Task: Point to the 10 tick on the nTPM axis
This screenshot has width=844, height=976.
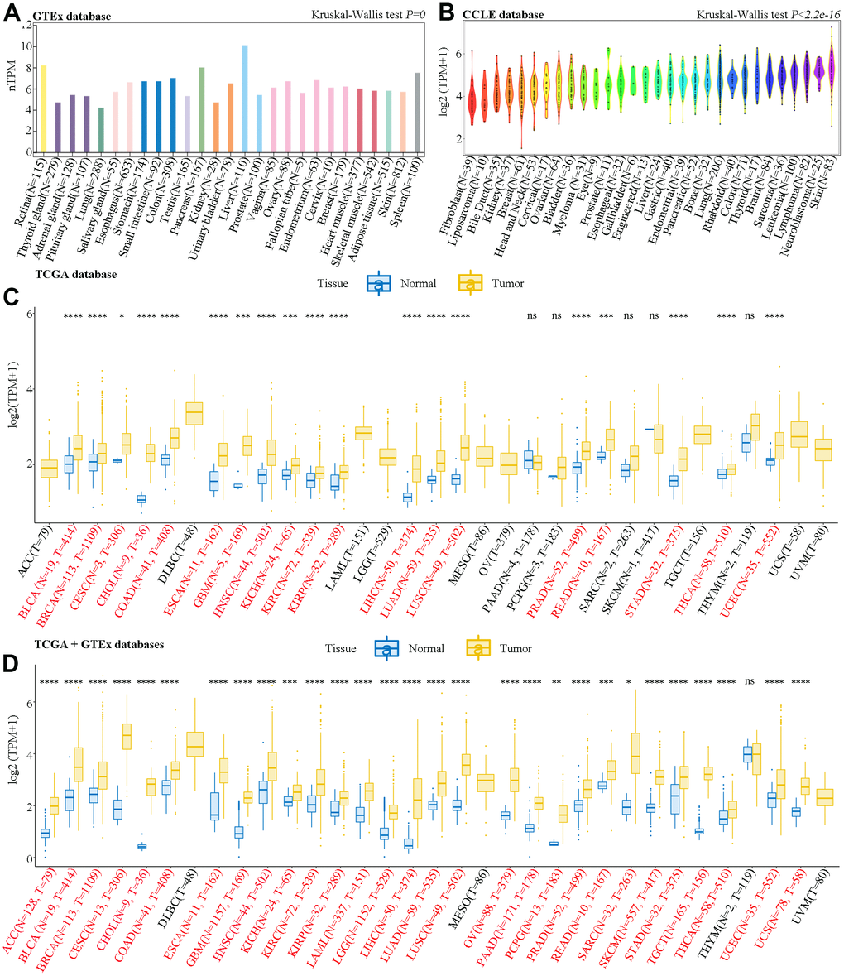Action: point(27,46)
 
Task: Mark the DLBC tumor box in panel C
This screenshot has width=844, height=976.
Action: point(194,412)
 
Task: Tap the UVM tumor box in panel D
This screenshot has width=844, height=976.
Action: point(824,797)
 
